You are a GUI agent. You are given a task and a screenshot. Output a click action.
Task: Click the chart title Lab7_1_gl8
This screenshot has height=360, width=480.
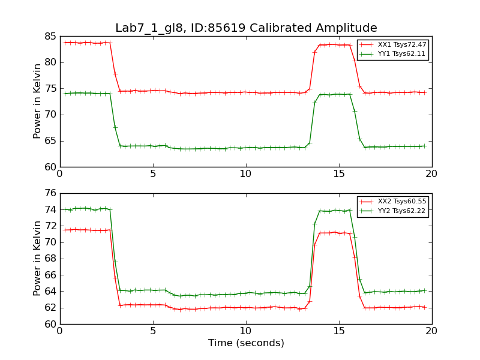coord(246,28)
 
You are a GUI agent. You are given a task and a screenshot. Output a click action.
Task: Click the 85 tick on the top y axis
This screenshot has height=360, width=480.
coord(49,36)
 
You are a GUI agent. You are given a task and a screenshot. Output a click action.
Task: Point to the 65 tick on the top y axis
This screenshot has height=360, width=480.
coord(49,141)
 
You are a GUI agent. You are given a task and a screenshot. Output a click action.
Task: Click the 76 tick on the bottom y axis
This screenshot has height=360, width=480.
coord(49,193)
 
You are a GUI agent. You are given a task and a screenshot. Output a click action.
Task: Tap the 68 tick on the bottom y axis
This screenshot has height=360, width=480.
coord(49,259)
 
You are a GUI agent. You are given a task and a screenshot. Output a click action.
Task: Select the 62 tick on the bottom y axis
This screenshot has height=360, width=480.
coord(49,308)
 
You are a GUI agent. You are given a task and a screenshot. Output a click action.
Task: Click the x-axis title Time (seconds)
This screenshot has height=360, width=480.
coord(246,343)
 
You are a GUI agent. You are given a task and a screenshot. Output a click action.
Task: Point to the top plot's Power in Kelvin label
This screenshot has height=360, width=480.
coord(38,101)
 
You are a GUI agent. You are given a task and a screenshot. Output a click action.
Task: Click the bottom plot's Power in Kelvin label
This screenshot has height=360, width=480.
coord(38,259)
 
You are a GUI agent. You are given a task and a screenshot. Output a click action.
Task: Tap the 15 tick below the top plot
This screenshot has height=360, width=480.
coord(339,173)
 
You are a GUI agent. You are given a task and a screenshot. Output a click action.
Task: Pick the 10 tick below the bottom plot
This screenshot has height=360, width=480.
coord(246,331)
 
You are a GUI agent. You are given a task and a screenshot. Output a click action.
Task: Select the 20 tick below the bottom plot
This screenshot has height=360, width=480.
coord(432,331)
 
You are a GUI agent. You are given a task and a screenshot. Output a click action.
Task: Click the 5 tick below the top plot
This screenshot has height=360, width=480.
coord(153,173)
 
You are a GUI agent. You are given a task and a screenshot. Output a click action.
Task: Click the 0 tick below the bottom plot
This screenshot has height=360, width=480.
coord(60,331)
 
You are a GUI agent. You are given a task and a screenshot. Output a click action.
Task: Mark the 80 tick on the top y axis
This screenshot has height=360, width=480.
coord(49,62)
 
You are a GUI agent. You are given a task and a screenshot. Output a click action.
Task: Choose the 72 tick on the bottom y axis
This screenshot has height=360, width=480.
coord(49,226)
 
